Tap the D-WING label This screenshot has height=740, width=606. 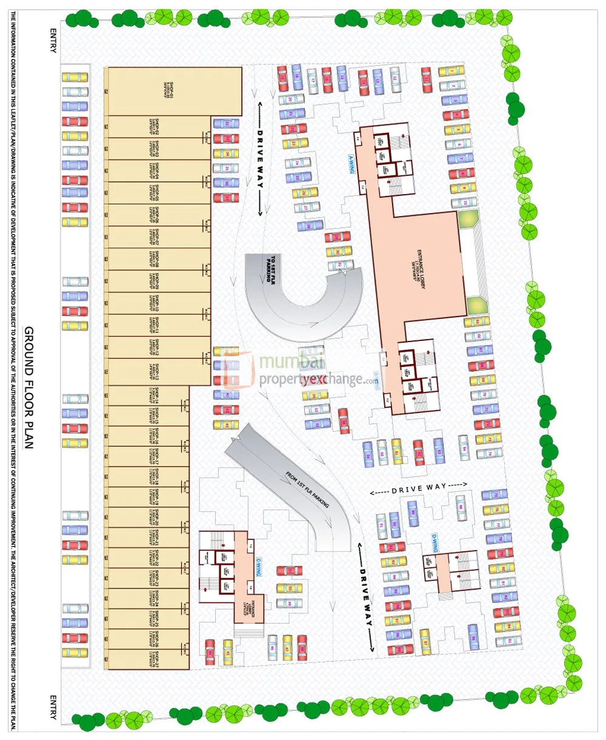[x=434, y=538]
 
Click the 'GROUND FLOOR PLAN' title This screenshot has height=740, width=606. [x=28, y=388]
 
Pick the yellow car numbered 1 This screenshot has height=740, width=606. [x=451, y=72]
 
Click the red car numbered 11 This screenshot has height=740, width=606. [x=427, y=78]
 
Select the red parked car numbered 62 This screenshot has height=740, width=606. [x=418, y=451]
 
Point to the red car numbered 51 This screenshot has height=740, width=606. [x=289, y=571]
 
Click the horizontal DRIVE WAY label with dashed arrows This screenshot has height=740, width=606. [x=419, y=486]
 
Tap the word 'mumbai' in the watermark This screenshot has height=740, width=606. [x=284, y=363]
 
